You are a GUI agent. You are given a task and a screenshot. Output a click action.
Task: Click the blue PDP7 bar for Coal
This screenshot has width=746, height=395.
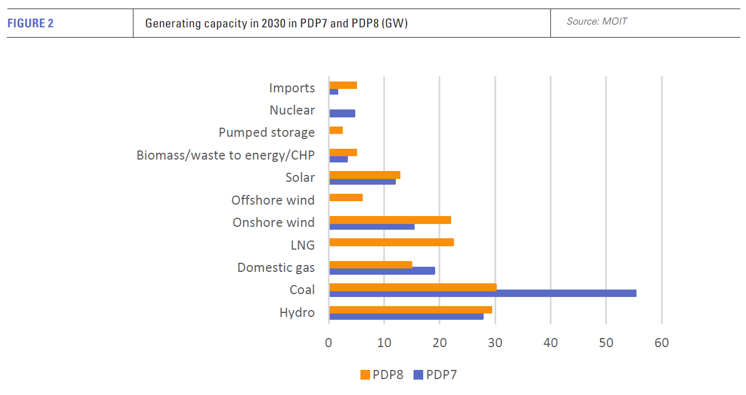[483, 294]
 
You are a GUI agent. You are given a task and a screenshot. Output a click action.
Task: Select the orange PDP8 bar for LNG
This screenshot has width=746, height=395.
[391, 242]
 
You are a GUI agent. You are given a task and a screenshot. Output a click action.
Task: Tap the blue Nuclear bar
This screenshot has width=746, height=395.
[342, 113]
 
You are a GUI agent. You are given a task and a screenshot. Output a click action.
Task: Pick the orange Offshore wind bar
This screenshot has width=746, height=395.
[346, 198]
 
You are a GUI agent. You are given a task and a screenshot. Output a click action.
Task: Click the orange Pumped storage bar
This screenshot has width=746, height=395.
[336, 131]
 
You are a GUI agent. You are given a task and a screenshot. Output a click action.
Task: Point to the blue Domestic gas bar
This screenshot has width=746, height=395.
[382, 271]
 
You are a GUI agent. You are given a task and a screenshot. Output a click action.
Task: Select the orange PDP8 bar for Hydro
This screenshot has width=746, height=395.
[411, 310]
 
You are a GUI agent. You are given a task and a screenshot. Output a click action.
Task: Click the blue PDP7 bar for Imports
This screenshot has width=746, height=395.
[334, 92]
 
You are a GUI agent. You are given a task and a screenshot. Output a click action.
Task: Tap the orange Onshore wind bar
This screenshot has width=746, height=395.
[390, 220]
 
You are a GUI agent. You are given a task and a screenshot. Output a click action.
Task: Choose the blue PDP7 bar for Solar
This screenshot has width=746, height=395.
[362, 181]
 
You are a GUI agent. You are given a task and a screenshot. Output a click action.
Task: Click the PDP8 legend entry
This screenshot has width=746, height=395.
[382, 374]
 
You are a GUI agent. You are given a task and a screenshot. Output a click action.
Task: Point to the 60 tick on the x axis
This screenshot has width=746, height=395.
[661, 343]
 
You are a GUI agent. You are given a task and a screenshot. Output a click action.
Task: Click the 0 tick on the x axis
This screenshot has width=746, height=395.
[329, 343]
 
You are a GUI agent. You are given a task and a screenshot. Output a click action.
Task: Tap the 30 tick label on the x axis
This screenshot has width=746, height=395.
[495, 343]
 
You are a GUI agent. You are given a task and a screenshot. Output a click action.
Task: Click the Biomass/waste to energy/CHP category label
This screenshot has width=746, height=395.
[225, 155]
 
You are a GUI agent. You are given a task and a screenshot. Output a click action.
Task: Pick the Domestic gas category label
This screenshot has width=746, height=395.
[276, 267]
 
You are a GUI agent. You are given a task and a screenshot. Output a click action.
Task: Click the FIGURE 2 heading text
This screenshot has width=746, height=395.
[30, 23]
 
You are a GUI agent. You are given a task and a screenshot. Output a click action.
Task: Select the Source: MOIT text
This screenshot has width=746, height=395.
[597, 22]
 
